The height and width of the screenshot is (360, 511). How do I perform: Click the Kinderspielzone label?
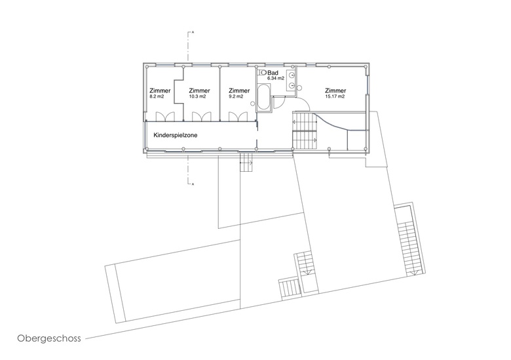point(176,135)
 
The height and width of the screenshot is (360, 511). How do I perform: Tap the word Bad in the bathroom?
point(273,73)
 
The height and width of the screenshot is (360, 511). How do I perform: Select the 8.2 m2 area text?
point(157,96)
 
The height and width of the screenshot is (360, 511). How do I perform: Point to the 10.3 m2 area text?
point(197,96)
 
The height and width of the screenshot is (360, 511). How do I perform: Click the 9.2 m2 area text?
point(236,96)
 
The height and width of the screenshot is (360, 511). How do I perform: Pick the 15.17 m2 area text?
point(335,96)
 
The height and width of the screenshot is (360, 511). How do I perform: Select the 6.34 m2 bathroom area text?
point(276,79)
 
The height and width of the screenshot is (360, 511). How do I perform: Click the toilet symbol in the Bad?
point(261,73)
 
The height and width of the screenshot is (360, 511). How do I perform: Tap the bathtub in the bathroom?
point(263,97)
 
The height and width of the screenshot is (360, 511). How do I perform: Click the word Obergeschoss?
point(49,338)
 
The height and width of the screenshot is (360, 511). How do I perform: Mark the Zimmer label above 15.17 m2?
point(335,90)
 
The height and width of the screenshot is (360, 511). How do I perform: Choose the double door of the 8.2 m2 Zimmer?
point(165,117)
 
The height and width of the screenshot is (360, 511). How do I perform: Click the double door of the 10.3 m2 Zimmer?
point(201,117)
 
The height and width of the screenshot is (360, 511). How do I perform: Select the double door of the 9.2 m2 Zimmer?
point(238,117)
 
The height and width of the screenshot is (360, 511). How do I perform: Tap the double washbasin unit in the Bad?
point(291,79)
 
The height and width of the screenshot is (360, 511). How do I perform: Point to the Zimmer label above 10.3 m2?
point(199,90)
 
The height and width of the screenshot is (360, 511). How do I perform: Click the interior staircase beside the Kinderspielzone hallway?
point(305,130)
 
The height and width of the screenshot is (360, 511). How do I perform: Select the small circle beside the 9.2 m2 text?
point(253,104)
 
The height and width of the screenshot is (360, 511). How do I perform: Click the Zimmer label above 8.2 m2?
point(160,90)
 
